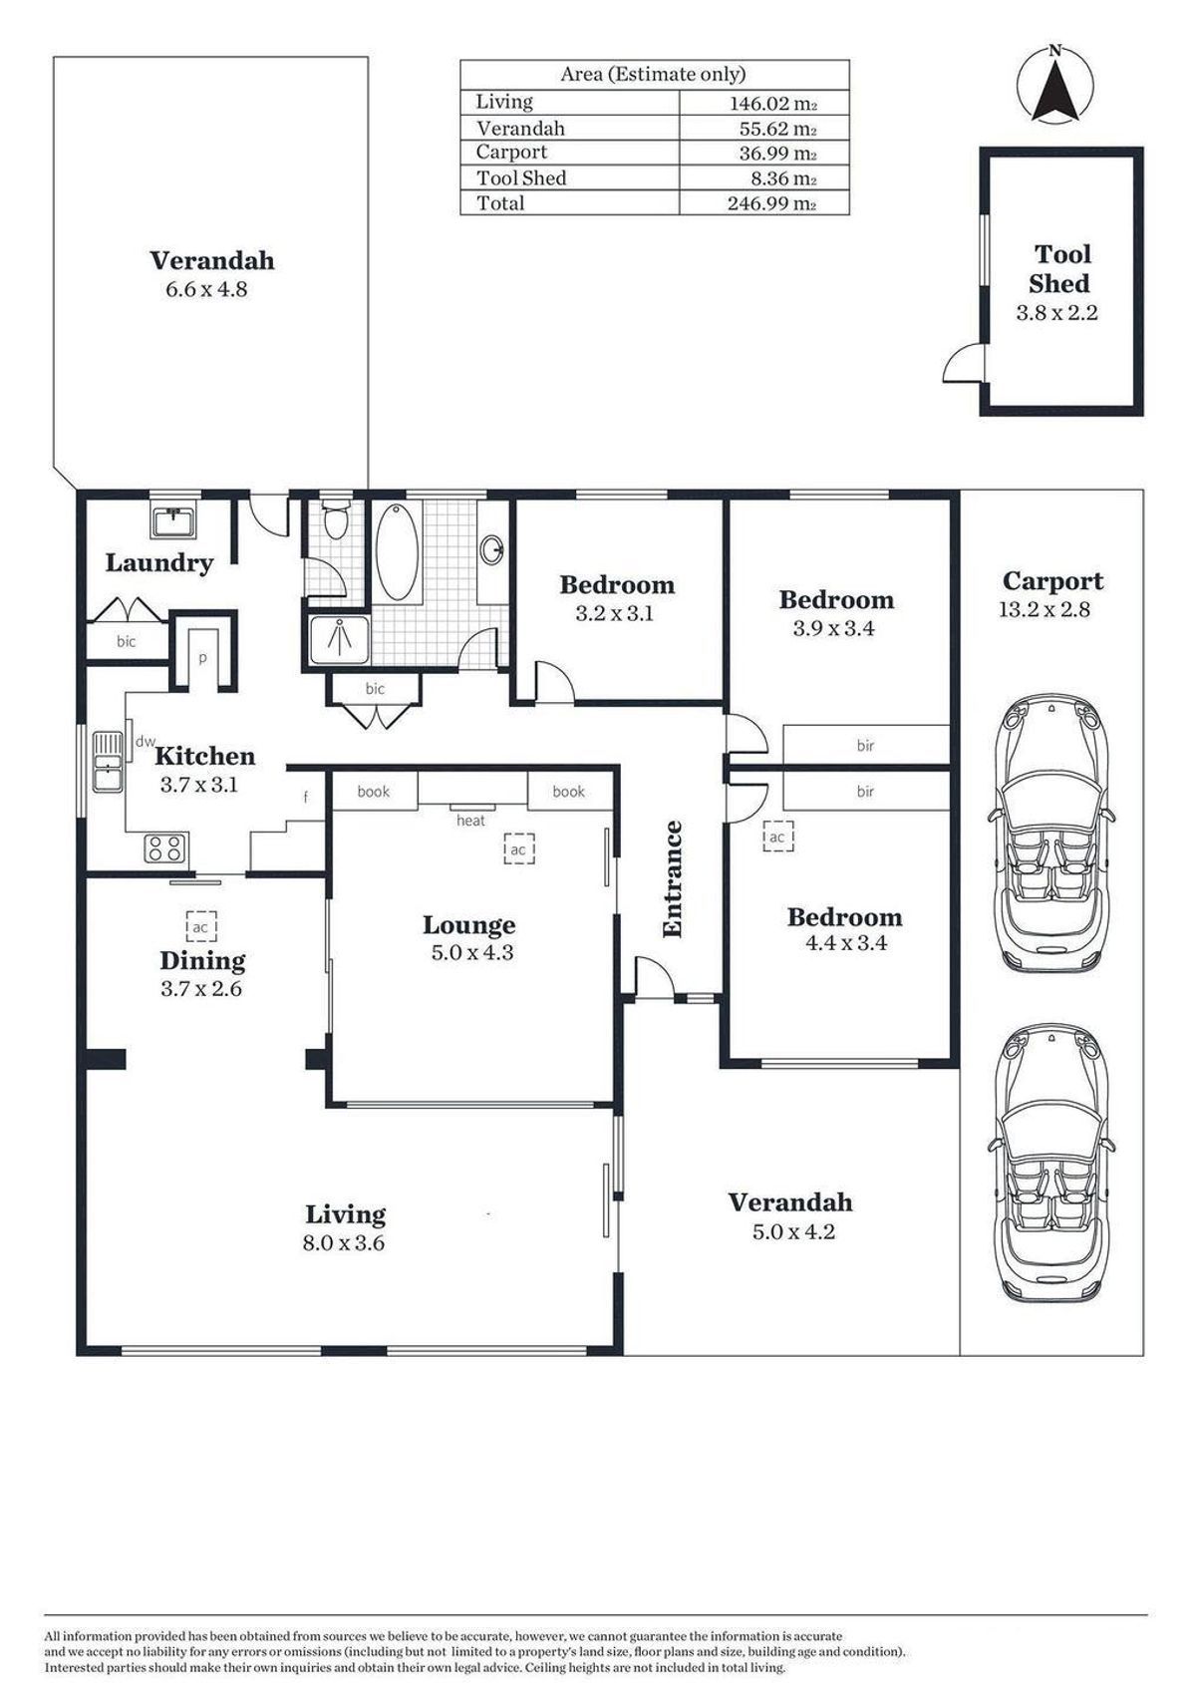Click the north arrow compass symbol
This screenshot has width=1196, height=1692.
tap(1054, 85)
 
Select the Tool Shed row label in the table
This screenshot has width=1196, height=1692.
tap(521, 177)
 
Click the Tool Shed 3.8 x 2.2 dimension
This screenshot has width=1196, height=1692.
tap(1056, 312)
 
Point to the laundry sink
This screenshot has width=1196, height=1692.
tap(174, 521)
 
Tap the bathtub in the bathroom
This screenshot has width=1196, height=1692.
tap(397, 552)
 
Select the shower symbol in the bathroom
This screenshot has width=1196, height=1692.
tap(340, 640)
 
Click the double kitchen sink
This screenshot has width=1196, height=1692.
tap(109, 762)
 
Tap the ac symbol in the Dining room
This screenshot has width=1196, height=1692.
tap(201, 926)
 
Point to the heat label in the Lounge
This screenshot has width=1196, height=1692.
tap(470, 821)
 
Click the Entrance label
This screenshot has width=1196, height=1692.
tap(672, 879)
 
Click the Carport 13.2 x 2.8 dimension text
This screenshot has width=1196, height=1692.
tap(1045, 609)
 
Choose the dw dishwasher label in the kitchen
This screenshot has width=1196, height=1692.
tap(145, 742)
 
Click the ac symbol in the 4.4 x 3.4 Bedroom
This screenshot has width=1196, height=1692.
tap(777, 837)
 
